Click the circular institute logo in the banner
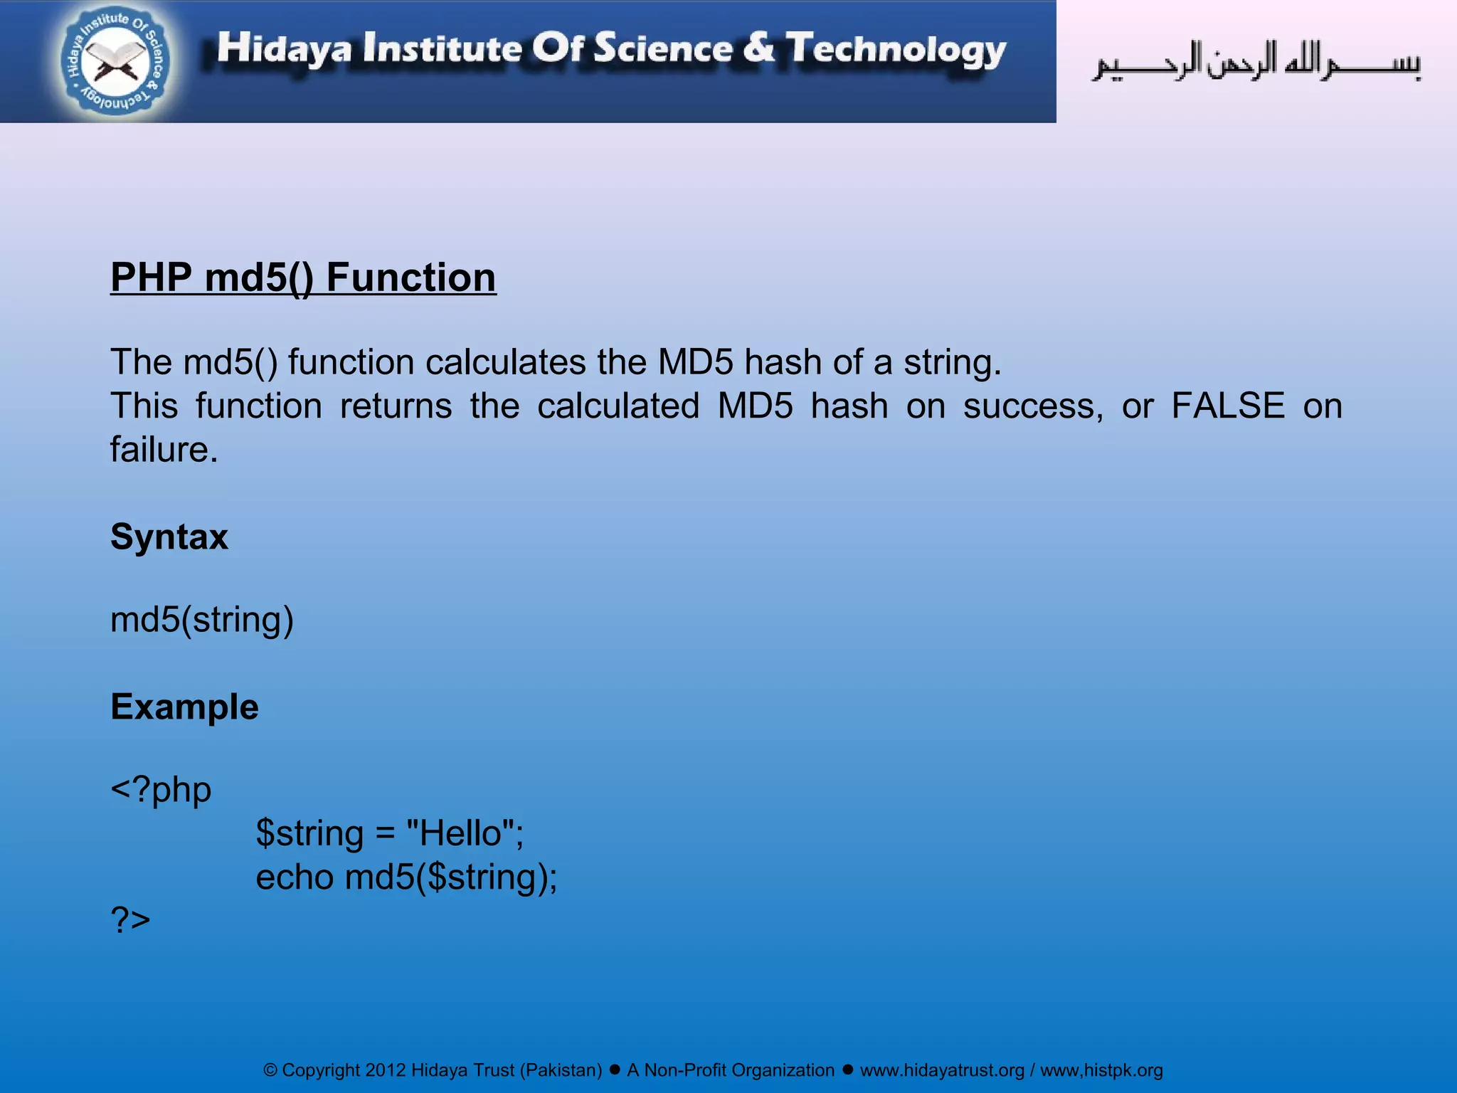point(115,62)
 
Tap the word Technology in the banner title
point(896,49)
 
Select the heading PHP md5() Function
point(303,278)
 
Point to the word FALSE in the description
point(1228,406)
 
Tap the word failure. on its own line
point(164,450)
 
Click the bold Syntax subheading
point(169,537)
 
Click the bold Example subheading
point(184,707)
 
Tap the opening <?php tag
point(161,790)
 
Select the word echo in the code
point(295,877)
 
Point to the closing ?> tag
point(131,920)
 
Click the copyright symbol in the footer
point(270,1071)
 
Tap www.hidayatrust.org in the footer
point(942,1071)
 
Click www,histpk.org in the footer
point(1101,1071)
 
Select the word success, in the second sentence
point(1033,406)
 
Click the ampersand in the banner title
point(758,48)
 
